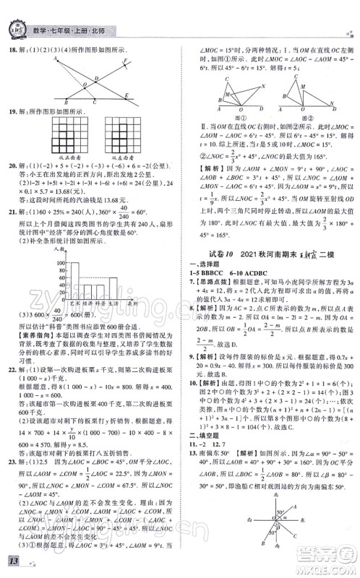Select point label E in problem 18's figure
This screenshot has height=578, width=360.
point(128,95)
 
